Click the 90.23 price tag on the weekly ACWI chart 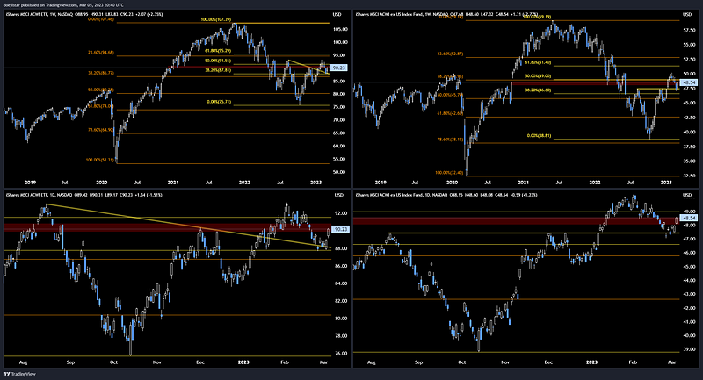pyautogui.click(x=338, y=68)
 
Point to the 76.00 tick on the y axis pyautogui.click(x=337, y=354)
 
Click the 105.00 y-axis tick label pyautogui.click(x=338, y=28)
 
